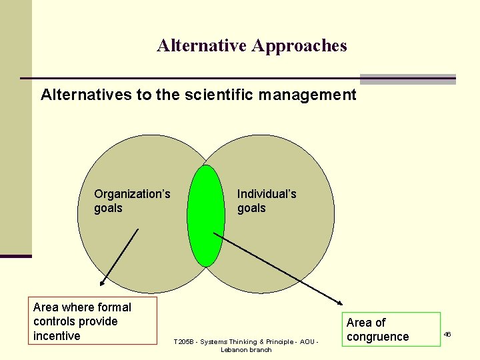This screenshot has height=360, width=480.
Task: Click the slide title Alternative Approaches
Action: (x=252, y=46)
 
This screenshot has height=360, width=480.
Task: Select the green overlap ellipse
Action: (x=205, y=215)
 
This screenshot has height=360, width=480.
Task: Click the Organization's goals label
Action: (x=132, y=201)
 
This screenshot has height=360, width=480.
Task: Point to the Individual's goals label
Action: (x=267, y=201)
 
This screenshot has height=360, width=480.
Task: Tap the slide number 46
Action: (x=447, y=333)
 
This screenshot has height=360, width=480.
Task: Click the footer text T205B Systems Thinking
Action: (x=246, y=342)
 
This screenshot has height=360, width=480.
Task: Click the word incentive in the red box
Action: (x=57, y=336)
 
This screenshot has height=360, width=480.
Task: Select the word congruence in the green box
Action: (x=377, y=337)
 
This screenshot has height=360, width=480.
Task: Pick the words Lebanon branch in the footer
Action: (x=246, y=350)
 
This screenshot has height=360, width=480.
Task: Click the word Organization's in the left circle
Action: (x=132, y=194)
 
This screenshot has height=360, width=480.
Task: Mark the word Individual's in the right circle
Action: (x=267, y=194)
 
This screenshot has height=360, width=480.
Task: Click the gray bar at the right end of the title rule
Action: (x=407, y=79)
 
